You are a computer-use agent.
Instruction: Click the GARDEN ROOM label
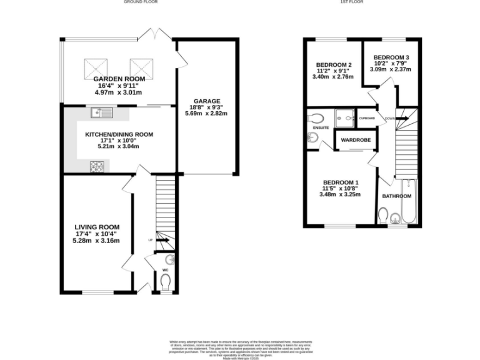tap(119, 79)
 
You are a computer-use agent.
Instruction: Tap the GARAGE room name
tap(206, 101)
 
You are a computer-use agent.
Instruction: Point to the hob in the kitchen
tap(98, 166)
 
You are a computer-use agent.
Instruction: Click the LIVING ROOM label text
tap(97, 227)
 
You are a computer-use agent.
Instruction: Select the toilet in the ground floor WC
tap(165, 284)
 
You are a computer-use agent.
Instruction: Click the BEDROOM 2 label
tap(334, 64)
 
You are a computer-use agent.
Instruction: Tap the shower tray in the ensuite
tap(343, 116)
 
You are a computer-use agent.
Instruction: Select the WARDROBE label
tap(354, 140)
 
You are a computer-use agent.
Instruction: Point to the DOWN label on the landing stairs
tap(389, 118)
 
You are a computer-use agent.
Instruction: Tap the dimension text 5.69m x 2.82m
tap(206, 114)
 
